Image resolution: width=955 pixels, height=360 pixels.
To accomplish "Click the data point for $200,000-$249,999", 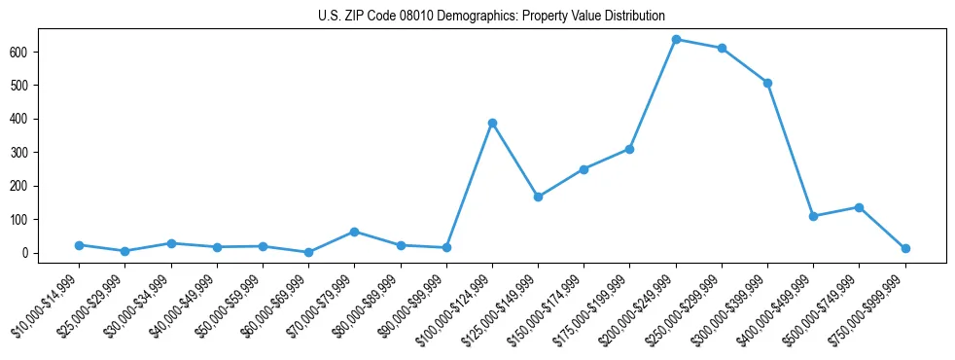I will [676, 39].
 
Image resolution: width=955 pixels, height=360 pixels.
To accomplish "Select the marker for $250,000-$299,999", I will [722, 48].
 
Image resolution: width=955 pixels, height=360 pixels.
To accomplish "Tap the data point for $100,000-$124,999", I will [492, 123].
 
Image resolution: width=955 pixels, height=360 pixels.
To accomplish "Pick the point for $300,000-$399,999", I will [767, 83].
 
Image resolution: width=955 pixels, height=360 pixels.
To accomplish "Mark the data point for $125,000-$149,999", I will [538, 197].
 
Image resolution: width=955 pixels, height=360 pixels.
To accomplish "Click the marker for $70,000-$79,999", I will [354, 232].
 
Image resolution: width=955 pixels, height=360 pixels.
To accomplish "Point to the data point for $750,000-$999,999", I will [905, 248].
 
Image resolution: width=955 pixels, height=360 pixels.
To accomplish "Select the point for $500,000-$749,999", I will [859, 207].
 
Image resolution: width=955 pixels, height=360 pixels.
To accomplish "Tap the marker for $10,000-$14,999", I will [79, 245].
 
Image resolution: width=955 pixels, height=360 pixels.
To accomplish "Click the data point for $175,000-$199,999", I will [629, 149].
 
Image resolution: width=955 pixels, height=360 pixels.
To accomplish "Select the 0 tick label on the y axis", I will [34, 253].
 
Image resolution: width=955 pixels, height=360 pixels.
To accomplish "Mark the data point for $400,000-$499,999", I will [813, 216].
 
